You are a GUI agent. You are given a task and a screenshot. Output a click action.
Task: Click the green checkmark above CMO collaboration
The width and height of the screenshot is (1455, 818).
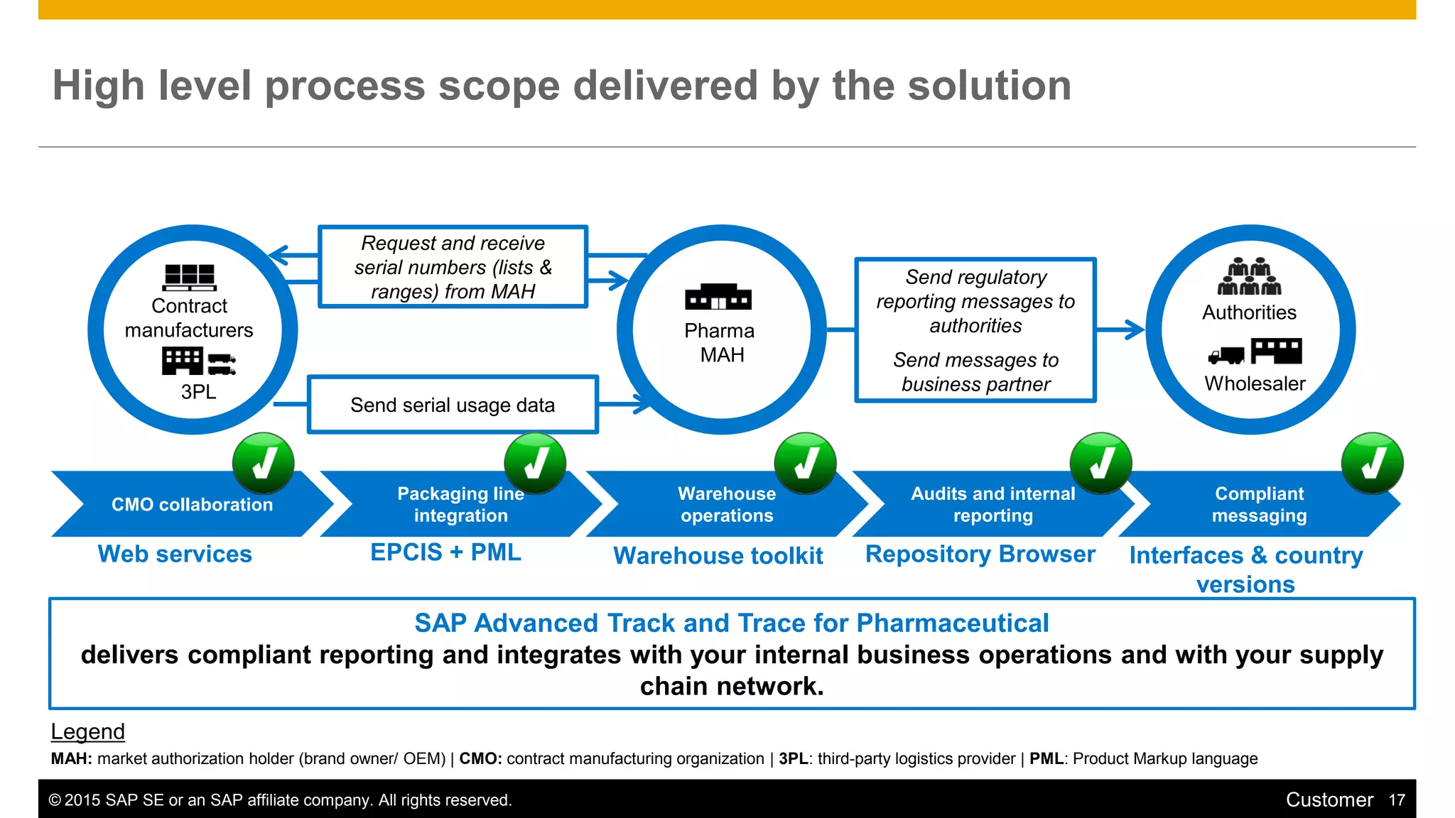coord(264,464)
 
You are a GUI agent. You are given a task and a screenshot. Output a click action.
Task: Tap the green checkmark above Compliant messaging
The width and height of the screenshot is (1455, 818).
coord(1372,464)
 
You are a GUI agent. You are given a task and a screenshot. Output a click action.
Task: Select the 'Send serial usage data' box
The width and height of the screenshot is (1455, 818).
coord(453,405)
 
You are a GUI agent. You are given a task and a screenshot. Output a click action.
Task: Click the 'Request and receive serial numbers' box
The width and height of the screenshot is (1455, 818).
coord(453,267)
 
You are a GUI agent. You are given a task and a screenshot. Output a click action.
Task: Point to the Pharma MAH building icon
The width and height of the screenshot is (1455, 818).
coord(718,297)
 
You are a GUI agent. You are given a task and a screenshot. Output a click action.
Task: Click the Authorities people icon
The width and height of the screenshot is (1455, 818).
coord(1250,277)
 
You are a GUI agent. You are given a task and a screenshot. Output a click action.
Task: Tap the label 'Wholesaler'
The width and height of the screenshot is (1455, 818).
coord(1255,383)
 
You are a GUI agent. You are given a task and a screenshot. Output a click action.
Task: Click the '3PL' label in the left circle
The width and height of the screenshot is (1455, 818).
coord(198,392)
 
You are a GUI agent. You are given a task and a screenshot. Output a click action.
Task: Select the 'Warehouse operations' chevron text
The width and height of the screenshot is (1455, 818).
coord(727,504)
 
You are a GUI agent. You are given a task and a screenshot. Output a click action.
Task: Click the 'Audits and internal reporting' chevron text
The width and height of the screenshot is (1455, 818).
coord(992,504)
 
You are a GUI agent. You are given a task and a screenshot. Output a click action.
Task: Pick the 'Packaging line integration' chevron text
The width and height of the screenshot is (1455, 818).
coord(461,504)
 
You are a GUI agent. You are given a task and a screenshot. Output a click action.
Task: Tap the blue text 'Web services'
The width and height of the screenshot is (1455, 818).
coord(175,554)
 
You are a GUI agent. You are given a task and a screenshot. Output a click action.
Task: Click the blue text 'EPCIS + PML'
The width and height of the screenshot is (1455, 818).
coord(445,552)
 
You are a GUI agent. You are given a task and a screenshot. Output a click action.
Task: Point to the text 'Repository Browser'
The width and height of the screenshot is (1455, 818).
coord(980,554)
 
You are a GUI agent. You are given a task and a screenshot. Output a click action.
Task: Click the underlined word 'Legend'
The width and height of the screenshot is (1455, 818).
coord(87,731)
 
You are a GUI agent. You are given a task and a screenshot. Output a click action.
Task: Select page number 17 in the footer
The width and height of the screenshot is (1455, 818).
coord(1397,800)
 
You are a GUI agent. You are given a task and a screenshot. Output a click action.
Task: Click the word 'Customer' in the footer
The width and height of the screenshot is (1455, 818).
coord(1329,800)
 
